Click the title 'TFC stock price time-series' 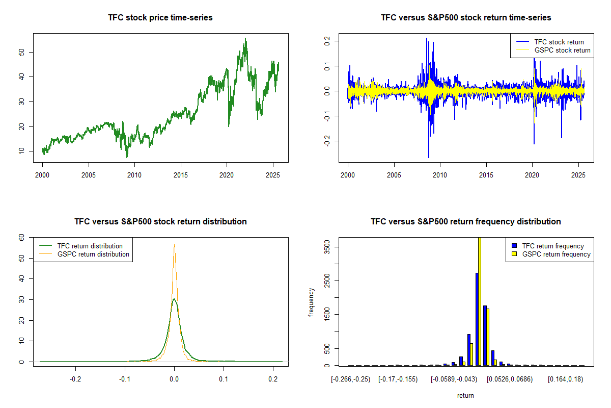(160, 18)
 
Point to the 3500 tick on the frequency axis (320, 247)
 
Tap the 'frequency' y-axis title (311, 302)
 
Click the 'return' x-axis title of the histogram (465, 395)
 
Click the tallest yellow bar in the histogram (479, 301)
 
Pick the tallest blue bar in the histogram (477, 319)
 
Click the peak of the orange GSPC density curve (174, 245)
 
